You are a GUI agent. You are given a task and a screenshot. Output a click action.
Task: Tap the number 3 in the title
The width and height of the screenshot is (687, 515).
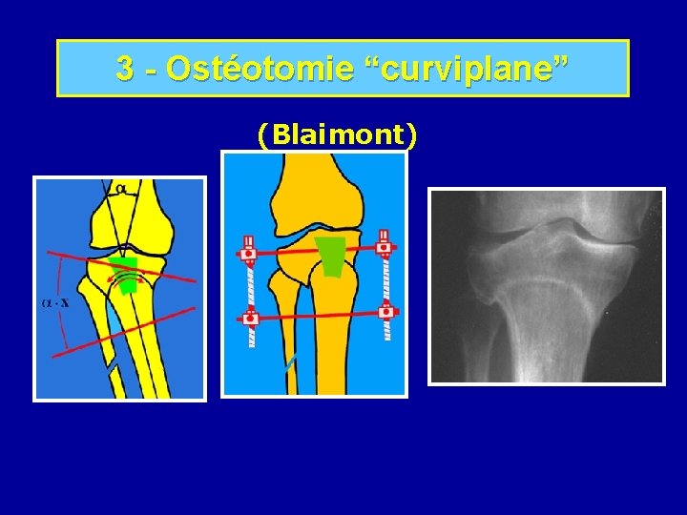pos(125,68)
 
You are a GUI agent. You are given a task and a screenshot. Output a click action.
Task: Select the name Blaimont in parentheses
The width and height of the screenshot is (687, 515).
pos(337,135)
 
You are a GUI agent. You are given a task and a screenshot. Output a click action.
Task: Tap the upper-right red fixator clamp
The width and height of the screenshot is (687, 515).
pos(385,246)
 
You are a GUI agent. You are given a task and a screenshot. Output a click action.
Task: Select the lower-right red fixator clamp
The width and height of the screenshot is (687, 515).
pos(387,311)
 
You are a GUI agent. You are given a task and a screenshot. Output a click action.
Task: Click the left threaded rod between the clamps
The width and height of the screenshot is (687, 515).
pos(250,285)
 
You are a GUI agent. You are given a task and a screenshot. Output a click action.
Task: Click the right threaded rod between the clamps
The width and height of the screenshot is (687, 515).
pos(385,278)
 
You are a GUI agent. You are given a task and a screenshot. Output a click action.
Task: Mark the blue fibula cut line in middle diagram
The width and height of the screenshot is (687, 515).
pos(290,363)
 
